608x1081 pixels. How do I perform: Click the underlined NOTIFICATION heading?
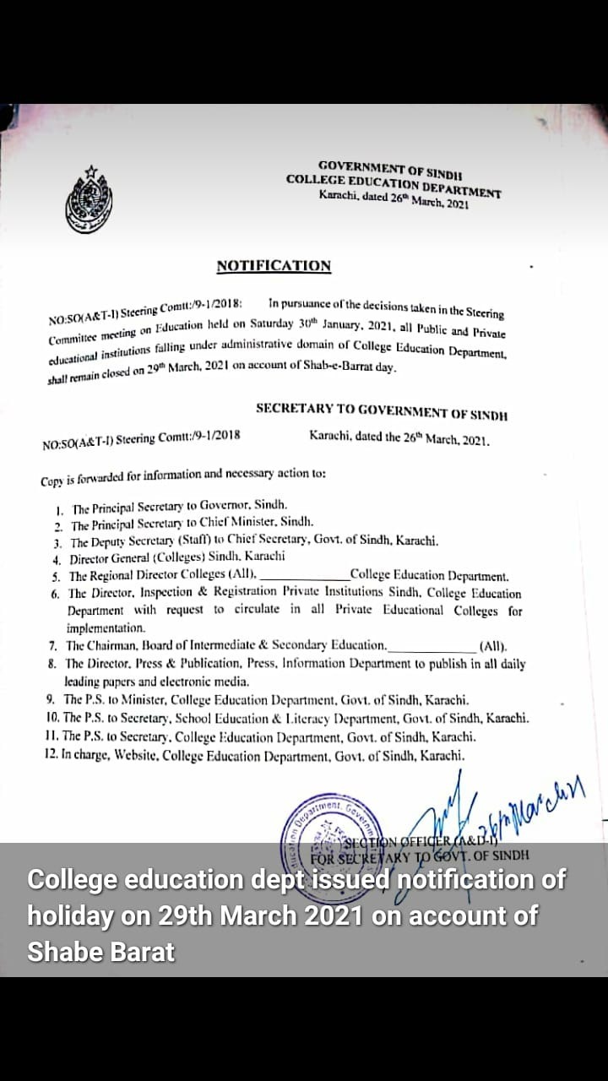(x=274, y=266)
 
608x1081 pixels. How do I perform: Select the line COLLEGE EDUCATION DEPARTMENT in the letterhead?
(x=394, y=183)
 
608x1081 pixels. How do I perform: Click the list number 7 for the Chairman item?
(x=52, y=646)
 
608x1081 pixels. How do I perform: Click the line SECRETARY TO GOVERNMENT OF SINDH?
(x=382, y=410)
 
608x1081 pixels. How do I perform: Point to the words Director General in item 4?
(x=109, y=558)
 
